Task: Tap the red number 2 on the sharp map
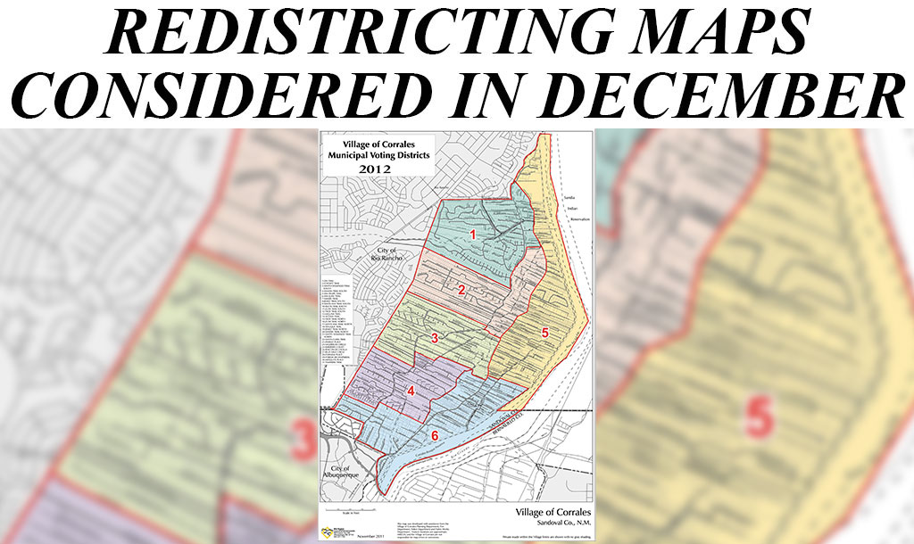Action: coord(461,290)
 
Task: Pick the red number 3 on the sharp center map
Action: coord(435,338)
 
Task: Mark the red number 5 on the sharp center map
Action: coord(544,333)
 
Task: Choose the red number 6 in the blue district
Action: coord(435,435)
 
